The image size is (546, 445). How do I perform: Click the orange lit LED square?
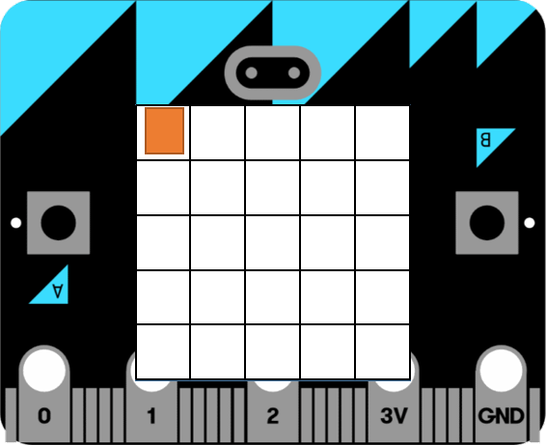click(x=164, y=130)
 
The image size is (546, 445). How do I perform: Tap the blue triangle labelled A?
click(x=55, y=291)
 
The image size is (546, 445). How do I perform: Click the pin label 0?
click(x=44, y=416)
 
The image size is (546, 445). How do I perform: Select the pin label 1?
click(x=151, y=416)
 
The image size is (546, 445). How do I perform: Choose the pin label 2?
click(x=273, y=416)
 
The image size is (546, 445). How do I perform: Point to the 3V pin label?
click(x=394, y=416)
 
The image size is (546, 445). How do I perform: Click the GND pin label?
click(x=501, y=416)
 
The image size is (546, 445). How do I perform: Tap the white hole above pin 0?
click(x=44, y=371)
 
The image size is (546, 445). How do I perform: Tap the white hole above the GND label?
click(x=501, y=371)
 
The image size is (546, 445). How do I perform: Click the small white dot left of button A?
click(x=16, y=223)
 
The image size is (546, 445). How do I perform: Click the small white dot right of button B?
click(x=530, y=223)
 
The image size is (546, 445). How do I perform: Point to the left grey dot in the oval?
click(x=252, y=72)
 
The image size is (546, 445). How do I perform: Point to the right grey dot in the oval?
click(x=294, y=72)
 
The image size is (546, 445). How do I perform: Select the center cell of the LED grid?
click(x=273, y=243)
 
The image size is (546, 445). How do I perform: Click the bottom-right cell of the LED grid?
click(x=382, y=351)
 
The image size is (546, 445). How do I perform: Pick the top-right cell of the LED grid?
click(x=382, y=133)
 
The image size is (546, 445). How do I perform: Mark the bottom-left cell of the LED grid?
click(x=163, y=351)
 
